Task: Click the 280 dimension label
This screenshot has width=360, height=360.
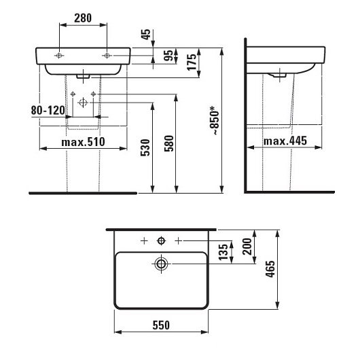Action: [83, 18]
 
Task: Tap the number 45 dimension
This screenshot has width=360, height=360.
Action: [146, 35]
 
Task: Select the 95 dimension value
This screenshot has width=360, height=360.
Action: [168, 56]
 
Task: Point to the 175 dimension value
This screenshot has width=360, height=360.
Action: [192, 62]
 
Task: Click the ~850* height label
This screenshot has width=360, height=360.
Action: [214, 120]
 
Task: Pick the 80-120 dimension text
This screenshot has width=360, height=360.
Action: [48, 111]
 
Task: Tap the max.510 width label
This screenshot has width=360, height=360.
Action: [83, 142]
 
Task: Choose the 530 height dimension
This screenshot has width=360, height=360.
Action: [145, 147]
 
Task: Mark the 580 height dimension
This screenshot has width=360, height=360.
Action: [169, 143]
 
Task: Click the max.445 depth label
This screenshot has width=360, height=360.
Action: [285, 141]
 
